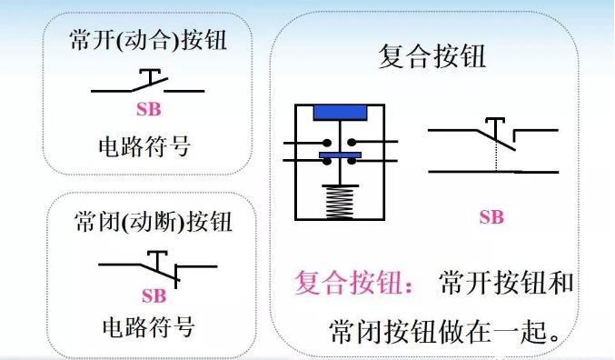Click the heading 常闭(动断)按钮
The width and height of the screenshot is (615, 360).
coord(152,221)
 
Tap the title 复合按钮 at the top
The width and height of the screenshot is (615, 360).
coord(431,57)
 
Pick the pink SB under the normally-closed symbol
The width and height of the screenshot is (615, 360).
coord(154,295)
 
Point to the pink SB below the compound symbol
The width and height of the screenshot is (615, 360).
coord(491,217)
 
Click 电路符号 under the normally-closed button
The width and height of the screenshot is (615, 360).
coord(147,325)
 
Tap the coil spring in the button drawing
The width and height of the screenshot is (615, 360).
coord(340,201)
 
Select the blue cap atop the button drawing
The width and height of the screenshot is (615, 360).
coord(340,113)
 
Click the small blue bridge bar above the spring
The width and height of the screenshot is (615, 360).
coord(340,157)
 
